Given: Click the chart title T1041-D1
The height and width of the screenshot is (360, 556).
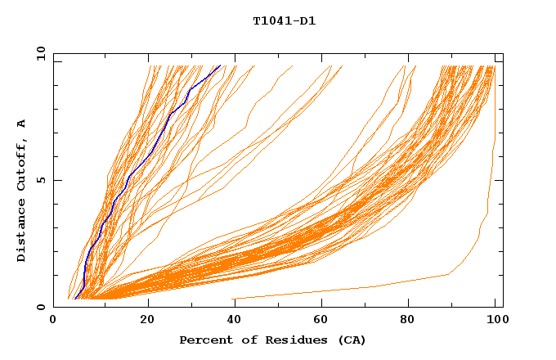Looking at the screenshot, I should coord(284,21).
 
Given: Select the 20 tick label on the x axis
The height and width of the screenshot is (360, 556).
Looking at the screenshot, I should coord(147,321).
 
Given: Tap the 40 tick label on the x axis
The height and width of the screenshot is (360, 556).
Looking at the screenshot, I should coord(235,321).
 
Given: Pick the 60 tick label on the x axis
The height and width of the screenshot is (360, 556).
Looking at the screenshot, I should coord(324,321).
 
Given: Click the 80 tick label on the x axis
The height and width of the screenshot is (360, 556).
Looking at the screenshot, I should coord(412,321).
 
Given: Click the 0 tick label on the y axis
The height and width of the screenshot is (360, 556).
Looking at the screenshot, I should coord(41,307).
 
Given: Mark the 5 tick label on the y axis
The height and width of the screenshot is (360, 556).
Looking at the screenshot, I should coord(41,180).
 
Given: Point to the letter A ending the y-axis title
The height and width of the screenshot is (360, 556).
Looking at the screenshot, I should coord(21,124).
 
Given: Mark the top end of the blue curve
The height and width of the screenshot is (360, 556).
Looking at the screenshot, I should coord(220,66).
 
